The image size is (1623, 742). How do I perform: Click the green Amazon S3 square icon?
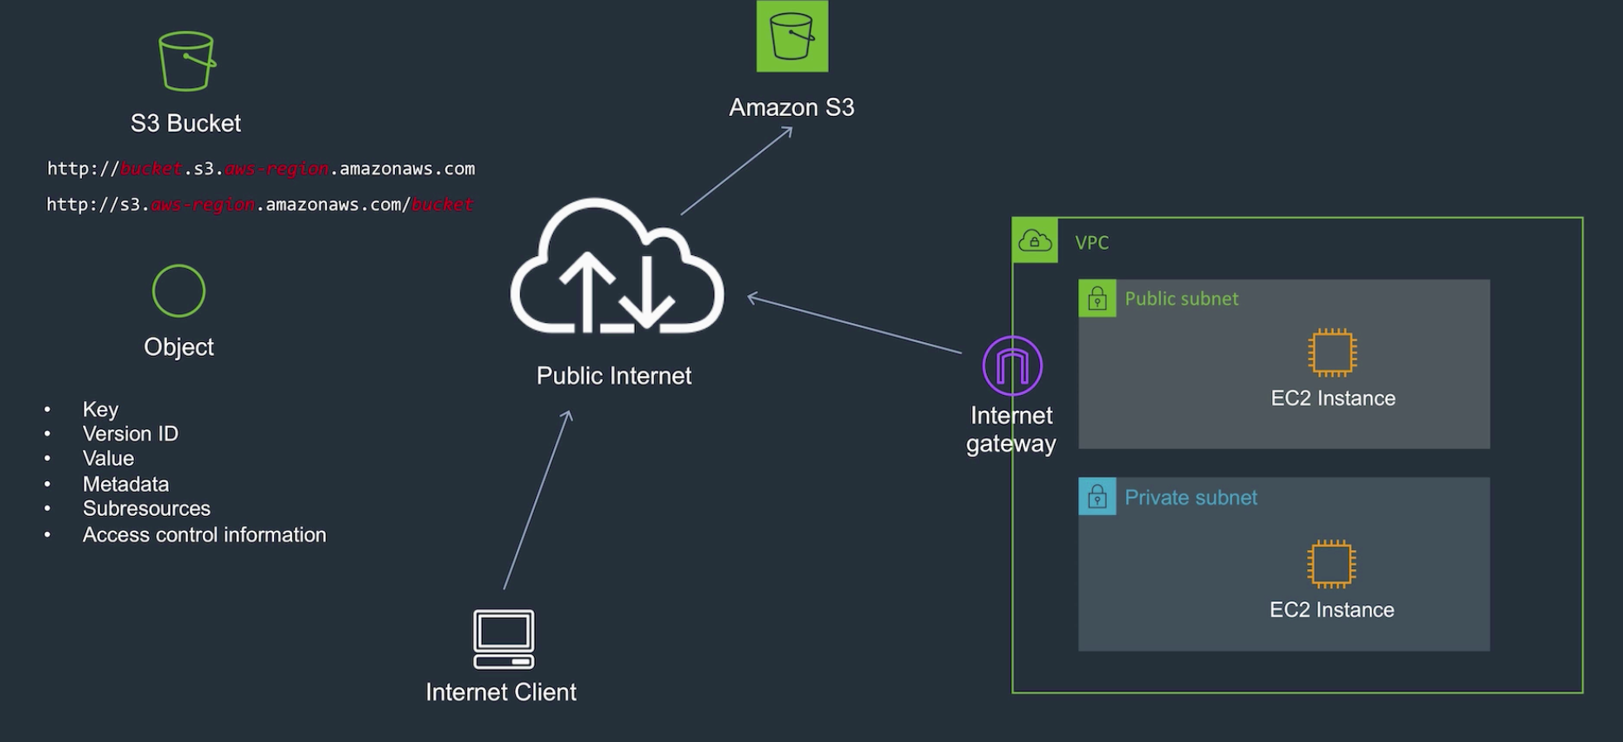792,36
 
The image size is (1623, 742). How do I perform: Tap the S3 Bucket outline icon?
187,61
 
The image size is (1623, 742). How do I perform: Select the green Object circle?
179,291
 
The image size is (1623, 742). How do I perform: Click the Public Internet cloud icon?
617,268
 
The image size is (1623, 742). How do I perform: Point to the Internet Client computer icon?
503,638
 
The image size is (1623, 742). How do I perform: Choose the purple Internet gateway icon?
1012,366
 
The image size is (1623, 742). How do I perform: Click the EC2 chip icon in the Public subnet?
1332,353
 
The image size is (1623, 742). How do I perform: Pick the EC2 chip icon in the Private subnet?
1332,564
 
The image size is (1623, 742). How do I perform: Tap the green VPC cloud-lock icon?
1035,241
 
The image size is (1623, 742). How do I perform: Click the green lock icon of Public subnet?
1097,298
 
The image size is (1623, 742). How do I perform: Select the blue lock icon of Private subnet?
1097,497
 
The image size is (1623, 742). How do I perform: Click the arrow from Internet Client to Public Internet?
537,500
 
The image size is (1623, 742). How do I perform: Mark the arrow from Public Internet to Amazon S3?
736,171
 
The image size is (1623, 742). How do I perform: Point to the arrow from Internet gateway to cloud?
855,325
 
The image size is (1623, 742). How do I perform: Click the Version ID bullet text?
130,434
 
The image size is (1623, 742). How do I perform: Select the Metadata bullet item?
126,484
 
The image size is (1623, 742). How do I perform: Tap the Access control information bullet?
205,535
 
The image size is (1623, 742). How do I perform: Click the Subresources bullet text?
147,508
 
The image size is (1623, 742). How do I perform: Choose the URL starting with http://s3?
260,205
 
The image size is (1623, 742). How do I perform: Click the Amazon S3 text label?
792,108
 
